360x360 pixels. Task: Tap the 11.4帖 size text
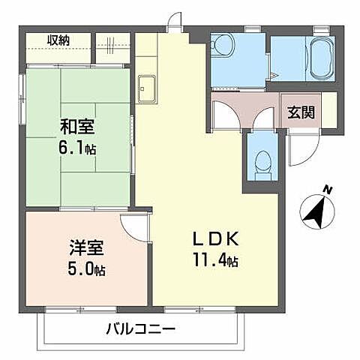[x=215, y=262]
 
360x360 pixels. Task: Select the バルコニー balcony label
[x=140, y=328]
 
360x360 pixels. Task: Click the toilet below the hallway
[x=261, y=162]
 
